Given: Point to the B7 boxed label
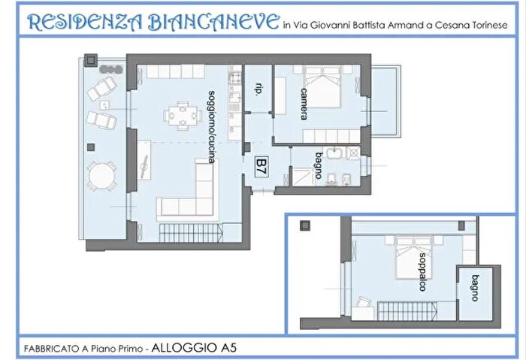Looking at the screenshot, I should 261,164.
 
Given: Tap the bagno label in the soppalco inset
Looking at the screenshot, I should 475,286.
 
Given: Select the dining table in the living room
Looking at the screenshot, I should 182,115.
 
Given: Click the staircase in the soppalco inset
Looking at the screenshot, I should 401,308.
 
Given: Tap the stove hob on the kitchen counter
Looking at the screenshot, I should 234,77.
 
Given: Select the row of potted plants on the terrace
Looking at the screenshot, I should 110,68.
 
